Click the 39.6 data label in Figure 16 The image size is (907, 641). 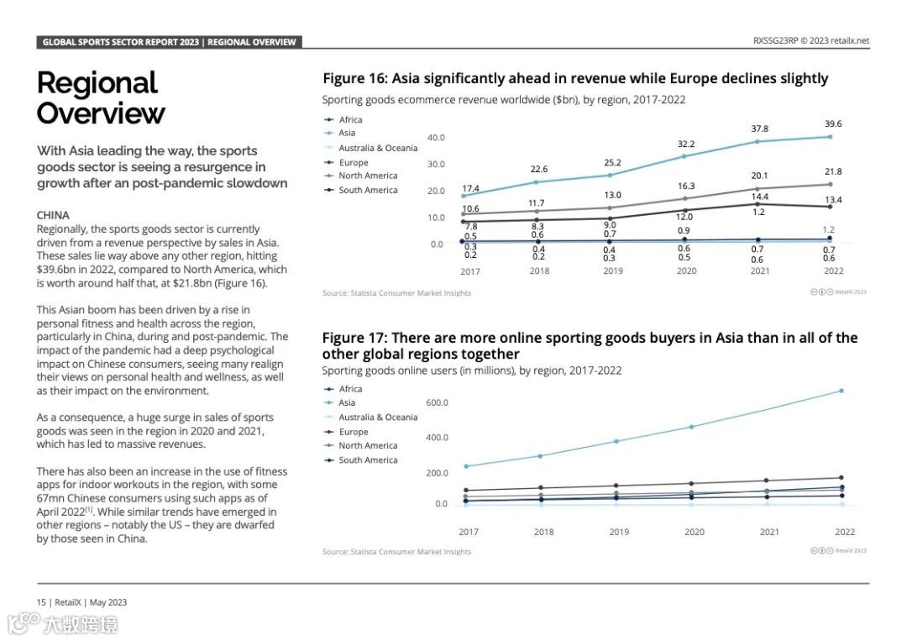click(832, 124)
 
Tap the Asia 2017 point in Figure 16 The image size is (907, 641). click(463, 196)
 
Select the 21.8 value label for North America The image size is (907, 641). click(832, 171)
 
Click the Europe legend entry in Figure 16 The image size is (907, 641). click(353, 162)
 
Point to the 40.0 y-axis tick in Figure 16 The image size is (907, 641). click(436, 138)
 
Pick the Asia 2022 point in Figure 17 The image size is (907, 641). click(841, 391)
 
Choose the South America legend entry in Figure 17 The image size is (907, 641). click(368, 460)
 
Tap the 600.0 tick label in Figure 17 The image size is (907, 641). click(437, 403)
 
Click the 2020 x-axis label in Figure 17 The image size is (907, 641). click(695, 532)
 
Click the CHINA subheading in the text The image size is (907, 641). click(53, 215)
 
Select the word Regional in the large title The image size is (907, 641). click(97, 83)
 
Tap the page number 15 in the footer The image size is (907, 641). click(41, 602)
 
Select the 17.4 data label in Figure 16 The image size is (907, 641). click(471, 188)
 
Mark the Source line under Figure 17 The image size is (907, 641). click(396, 552)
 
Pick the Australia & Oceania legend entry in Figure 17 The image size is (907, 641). click(377, 418)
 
